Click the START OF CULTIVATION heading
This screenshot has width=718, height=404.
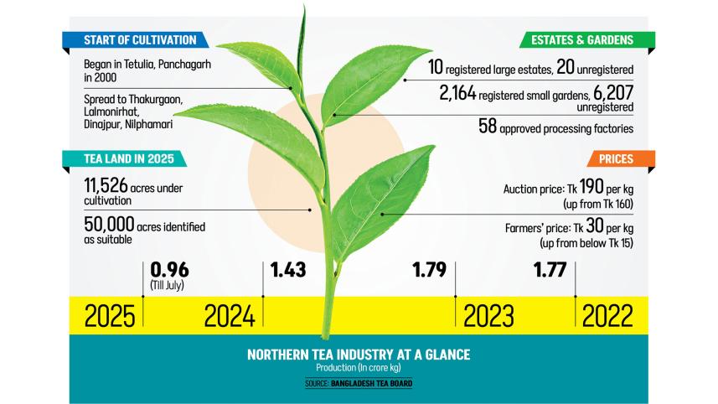coord(139,40)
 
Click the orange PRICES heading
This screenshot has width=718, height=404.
coord(615,159)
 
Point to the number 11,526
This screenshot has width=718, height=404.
coord(115,186)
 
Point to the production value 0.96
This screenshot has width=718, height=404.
coord(168,271)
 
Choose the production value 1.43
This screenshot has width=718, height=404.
coord(288,271)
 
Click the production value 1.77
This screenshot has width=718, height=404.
coord(551,271)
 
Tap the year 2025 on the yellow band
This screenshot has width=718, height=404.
coord(110,317)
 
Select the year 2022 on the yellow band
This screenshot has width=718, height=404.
coord(609,317)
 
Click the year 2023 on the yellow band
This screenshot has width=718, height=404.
coord(488,317)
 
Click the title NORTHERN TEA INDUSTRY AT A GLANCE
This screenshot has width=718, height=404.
coord(359,355)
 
